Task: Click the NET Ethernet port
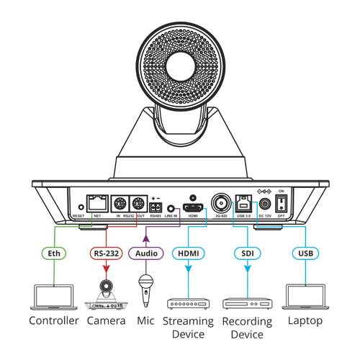(x=96, y=204)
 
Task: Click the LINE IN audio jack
(x=171, y=208)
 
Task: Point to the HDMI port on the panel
(x=194, y=206)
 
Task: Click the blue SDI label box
(x=247, y=253)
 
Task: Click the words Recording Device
(x=247, y=328)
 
